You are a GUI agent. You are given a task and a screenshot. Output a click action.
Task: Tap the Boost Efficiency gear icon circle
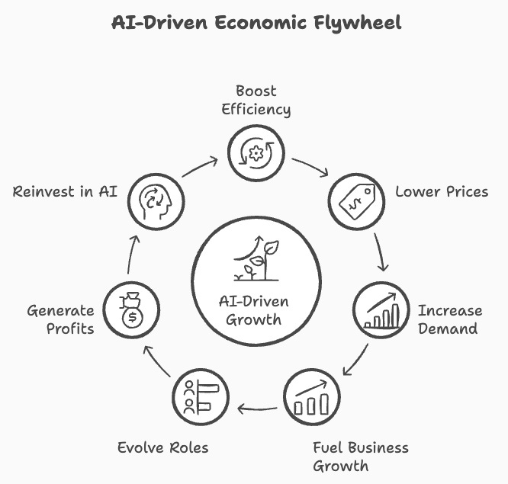(256, 153)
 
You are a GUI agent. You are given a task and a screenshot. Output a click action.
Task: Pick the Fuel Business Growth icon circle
(312, 398)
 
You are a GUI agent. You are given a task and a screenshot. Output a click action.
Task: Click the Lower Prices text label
(442, 191)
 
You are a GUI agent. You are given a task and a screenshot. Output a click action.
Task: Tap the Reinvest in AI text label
(65, 191)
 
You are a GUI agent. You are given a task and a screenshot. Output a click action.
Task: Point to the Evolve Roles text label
(162, 447)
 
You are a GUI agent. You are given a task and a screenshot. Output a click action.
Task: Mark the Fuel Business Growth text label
(361, 456)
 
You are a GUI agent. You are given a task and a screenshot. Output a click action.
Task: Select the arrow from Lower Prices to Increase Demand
(381, 252)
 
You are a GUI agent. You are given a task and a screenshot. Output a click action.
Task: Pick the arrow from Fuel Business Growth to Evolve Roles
(256, 409)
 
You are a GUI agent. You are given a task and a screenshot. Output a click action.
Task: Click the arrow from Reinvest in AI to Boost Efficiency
(201, 167)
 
